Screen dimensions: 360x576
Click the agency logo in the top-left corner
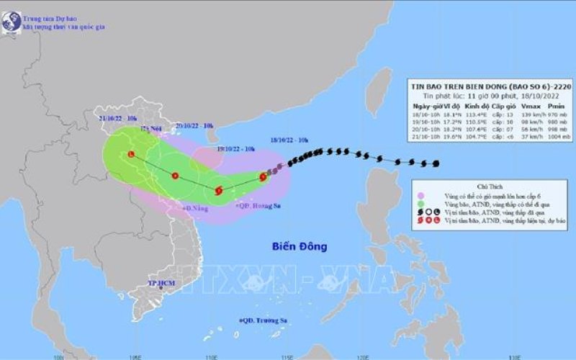[x=10, y=19]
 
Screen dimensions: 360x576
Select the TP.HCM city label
[x=161, y=285]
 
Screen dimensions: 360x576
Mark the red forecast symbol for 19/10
[x=219, y=191]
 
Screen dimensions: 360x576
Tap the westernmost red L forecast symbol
[x=130, y=154]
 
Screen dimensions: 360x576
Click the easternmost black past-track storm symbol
[x=436, y=163]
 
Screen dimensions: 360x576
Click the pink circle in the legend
[x=420, y=195]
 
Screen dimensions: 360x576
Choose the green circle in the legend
[x=420, y=204]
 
